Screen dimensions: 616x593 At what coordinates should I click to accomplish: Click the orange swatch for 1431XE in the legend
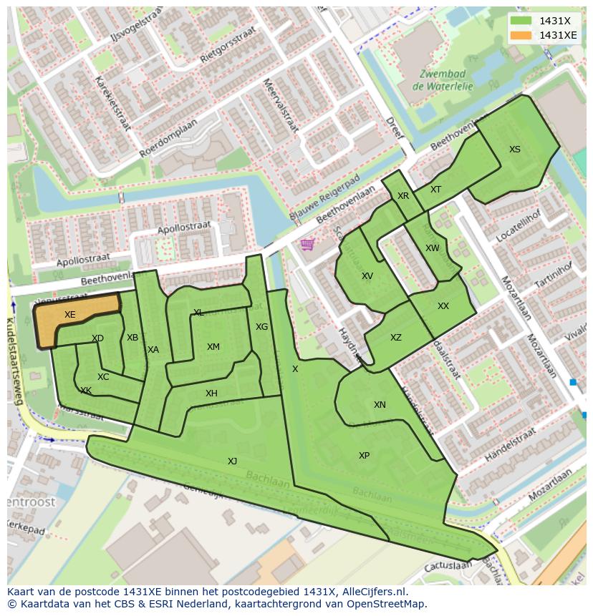pyautogui.click(x=521, y=35)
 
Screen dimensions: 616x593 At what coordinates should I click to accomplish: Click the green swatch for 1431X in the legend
pyautogui.click(x=521, y=20)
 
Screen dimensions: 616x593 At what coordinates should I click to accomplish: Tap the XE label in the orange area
pyautogui.click(x=69, y=315)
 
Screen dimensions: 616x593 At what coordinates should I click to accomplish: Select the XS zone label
pyautogui.click(x=515, y=150)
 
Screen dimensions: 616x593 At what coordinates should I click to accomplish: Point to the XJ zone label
pyautogui.click(x=232, y=461)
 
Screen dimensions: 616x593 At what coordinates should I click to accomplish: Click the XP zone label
pyautogui.click(x=364, y=456)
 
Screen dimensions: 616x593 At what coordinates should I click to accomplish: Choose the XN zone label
pyautogui.click(x=380, y=405)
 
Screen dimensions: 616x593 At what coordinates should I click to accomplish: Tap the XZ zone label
pyautogui.click(x=396, y=338)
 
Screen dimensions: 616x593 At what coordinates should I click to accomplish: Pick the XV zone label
pyautogui.click(x=367, y=276)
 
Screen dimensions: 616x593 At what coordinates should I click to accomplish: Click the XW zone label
pyautogui.click(x=433, y=248)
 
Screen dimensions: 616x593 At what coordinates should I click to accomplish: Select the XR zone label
pyautogui.click(x=403, y=196)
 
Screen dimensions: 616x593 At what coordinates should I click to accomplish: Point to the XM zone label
pyautogui.click(x=213, y=347)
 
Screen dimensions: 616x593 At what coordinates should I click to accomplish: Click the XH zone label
pyautogui.click(x=211, y=393)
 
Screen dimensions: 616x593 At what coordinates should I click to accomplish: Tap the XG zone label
pyautogui.click(x=262, y=327)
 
